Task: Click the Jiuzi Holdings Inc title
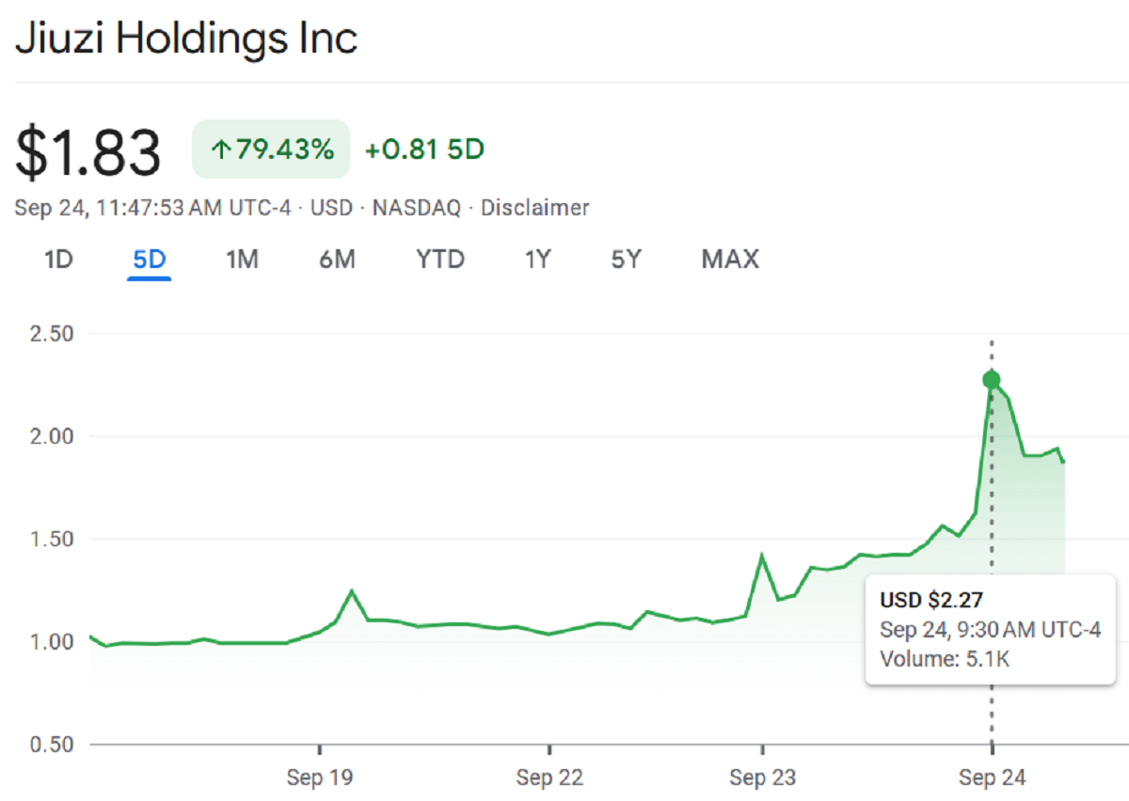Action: tap(185, 39)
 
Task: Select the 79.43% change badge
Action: tap(271, 149)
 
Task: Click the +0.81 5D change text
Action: tap(424, 149)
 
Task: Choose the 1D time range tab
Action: tap(58, 259)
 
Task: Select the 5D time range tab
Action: tap(150, 259)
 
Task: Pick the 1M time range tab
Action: tap(242, 259)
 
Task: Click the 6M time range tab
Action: tap(337, 259)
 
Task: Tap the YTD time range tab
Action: tap(440, 259)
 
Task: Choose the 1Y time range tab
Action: tap(537, 259)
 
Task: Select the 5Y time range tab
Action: tap(626, 259)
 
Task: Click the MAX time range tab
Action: tap(730, 259)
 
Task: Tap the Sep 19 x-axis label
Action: tap(320, 777)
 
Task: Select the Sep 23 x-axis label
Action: tap(762, 777)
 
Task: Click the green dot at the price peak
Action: tap(991, 380)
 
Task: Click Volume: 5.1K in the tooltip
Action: tap(945, 659)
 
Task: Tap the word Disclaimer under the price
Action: tap(534, 208)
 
